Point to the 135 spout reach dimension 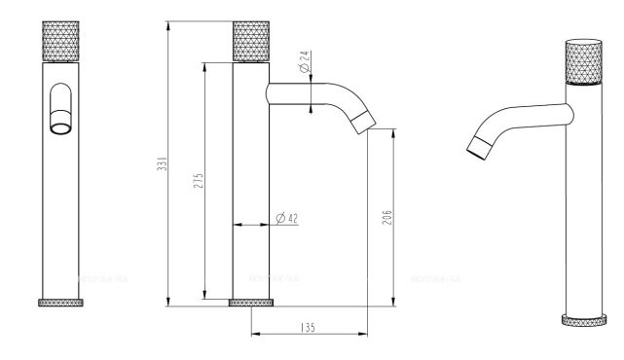[x=309, y=328]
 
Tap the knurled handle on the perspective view [x=584, y=63]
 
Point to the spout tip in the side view [x=362, y=120]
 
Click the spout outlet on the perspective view [x=476, y=148]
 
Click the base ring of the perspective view [x=584, y=319]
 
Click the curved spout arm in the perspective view [x=521, y=115]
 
